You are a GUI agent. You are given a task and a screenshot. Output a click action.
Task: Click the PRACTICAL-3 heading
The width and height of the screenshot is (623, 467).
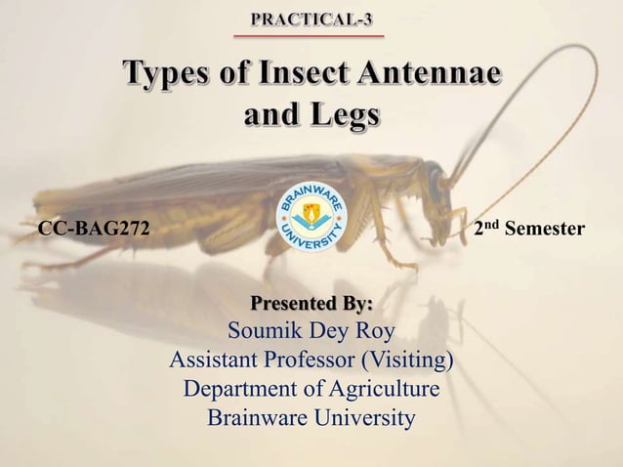pos(311,19)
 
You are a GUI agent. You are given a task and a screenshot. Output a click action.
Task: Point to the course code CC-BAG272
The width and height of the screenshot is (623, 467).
pos(94,230)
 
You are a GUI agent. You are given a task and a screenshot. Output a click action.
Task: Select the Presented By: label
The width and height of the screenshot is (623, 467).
pos(311,298)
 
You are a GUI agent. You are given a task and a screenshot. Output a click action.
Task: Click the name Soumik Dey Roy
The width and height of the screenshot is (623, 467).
pos(311,328)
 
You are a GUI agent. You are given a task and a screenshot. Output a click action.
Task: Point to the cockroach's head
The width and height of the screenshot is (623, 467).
pos(434,181)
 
